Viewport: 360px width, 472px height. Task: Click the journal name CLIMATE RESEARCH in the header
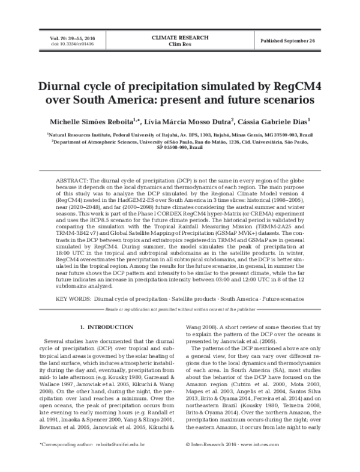pyautogui.click(x=179, y=37)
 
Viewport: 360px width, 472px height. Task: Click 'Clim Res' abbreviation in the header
pyautogui.click(x=179, y=44)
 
